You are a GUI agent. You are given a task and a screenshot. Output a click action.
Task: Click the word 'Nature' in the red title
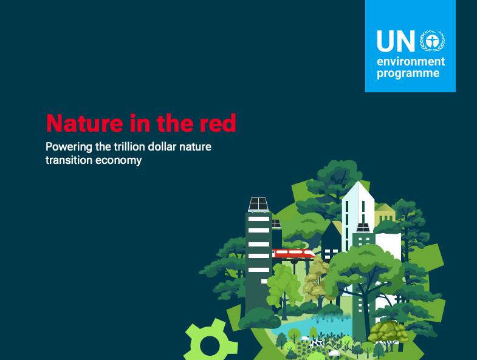tap(81, 123)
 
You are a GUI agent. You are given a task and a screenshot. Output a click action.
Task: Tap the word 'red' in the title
tap(218, 123)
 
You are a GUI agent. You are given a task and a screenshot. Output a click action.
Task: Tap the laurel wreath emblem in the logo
tap(431, 41)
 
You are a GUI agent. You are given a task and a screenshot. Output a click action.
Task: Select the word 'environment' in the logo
tap(411, 62)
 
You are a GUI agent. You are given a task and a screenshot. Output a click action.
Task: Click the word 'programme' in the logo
tap(408, 74)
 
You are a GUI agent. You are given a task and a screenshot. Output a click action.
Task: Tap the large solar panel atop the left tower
tap(258, 204)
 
